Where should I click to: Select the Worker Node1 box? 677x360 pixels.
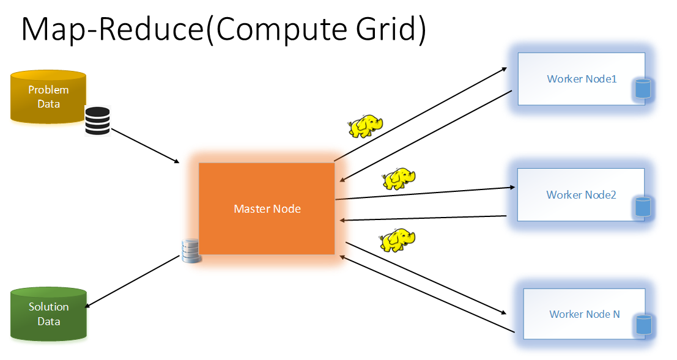click(x=581, y=79)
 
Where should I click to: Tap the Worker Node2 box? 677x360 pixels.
click(x=581, y=194)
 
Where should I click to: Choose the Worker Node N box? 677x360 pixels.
click(x=584, y=314)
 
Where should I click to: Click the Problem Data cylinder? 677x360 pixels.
click(x=48, y=97)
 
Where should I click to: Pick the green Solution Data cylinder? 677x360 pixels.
click(x=48, y=314)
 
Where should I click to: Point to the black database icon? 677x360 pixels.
click(x=97, y=120)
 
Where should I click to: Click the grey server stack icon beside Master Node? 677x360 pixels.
click(x=191, y=251)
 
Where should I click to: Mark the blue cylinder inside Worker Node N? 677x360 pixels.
click(x=643, y=324)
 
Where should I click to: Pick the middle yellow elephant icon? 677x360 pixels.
click(x=399, y=178)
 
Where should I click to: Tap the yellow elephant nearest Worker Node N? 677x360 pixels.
click(x=398, y=240)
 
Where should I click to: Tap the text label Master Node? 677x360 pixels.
click(x=267, y=209)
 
